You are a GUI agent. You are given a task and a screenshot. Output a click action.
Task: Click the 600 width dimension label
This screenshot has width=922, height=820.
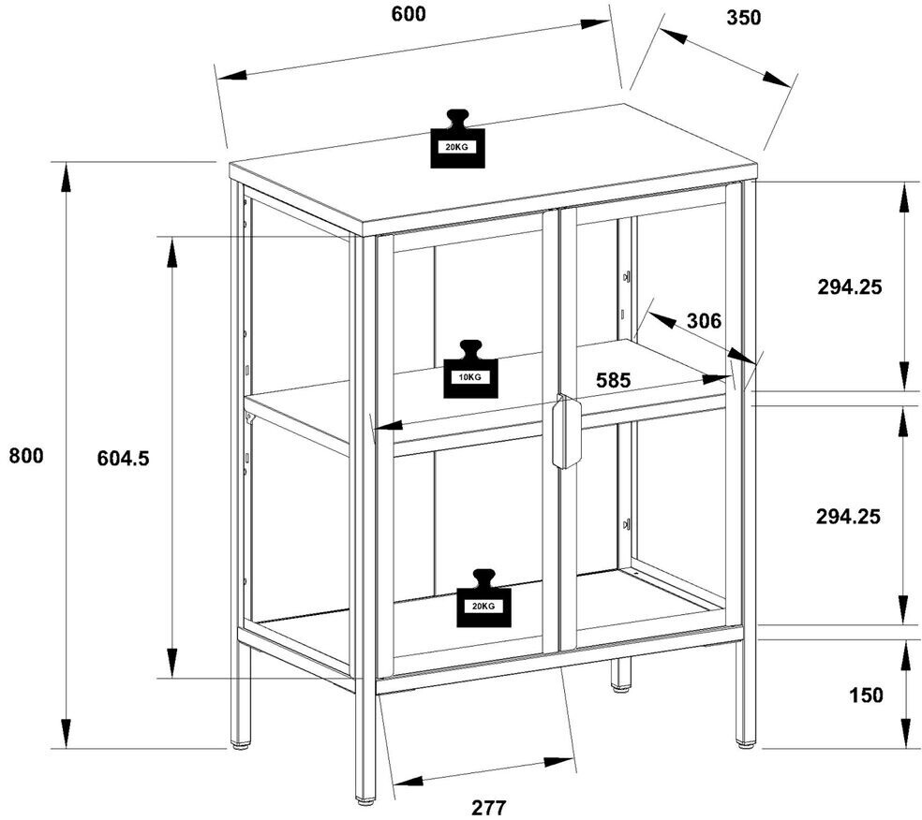409,14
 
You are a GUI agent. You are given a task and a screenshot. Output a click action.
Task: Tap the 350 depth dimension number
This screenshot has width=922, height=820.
743,18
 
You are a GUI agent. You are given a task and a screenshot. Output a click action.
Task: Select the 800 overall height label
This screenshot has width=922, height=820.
26,456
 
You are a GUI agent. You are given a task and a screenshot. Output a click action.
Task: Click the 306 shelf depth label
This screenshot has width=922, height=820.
704,321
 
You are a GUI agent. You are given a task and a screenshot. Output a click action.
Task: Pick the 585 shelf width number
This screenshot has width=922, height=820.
614,381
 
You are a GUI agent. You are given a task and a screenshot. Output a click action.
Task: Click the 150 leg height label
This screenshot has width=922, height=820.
866,695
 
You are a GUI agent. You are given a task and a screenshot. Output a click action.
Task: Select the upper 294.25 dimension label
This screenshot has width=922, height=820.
849,287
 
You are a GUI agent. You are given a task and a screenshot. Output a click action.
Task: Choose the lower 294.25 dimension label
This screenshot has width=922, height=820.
849,516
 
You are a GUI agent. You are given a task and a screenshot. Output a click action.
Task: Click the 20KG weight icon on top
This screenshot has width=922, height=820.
457,139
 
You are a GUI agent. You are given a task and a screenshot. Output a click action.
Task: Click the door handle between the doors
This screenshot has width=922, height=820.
566,432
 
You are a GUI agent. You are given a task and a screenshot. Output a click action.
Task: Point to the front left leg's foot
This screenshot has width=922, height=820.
365,800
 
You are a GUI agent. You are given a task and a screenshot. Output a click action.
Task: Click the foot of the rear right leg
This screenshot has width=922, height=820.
746,744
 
